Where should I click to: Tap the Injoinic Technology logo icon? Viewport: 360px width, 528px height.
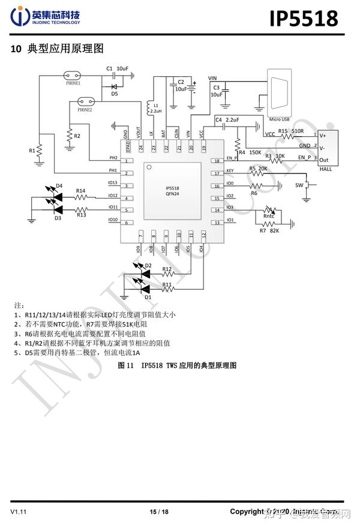pos(22,17)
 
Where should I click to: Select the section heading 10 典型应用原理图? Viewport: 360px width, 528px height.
pos(58,48)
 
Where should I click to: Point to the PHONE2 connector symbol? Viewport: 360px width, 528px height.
pos(85,102)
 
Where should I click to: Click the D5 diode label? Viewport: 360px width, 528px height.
pos(115,94)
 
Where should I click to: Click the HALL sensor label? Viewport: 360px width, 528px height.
pos(325,169)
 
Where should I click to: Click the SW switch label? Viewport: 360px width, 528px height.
pos(299,185)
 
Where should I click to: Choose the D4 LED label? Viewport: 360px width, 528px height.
pos(59,185)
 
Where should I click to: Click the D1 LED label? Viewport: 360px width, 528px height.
pos(148,296)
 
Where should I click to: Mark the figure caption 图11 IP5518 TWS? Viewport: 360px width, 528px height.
pos(178,365)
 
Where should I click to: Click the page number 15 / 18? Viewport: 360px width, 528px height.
pos(159,512)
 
